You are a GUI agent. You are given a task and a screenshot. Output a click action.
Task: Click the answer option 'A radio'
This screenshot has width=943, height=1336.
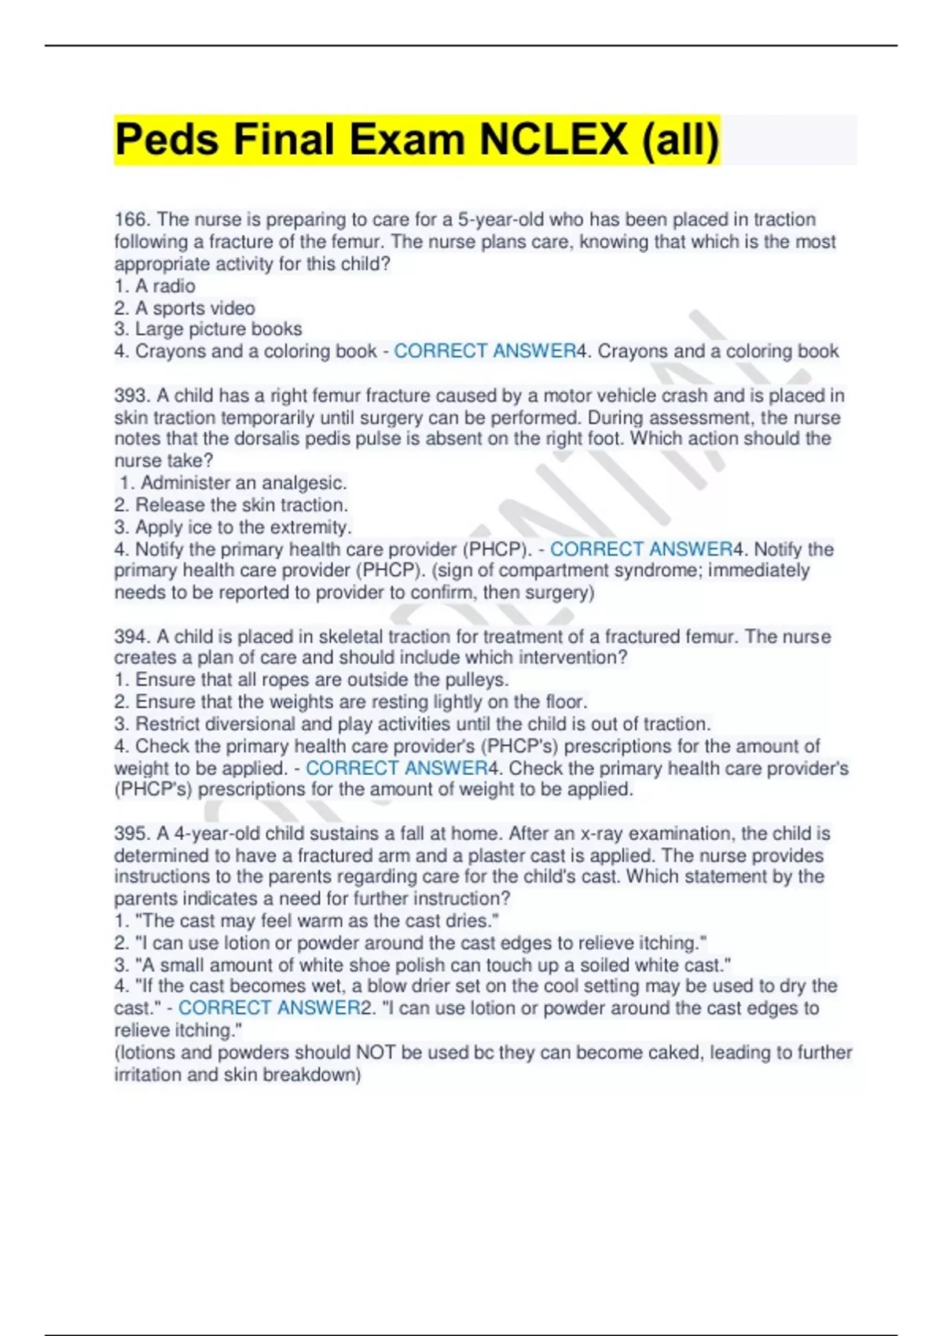tap(164, 286)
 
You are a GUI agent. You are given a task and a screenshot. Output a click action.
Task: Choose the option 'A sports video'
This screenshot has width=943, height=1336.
tap(194, 308)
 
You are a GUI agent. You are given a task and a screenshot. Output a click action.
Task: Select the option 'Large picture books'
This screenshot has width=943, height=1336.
tap(218, 329)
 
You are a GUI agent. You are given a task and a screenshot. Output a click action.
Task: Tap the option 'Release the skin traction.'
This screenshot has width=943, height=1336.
tap(240, 505)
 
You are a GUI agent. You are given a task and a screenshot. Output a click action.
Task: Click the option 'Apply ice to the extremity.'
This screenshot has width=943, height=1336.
tap(242, 527)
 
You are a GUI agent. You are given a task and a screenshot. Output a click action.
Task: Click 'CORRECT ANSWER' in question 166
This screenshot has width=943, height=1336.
tap(485, 351)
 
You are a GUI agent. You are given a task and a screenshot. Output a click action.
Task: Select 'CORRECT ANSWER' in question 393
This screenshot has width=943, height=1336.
tap(640, 549)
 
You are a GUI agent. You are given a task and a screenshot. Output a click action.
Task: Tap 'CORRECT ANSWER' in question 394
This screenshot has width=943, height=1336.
tap(396, 768)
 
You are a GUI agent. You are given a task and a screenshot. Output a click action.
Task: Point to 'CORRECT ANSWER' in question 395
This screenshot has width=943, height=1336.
tap(269, 1008)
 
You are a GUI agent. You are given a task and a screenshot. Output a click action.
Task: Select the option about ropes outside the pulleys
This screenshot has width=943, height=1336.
tap(321, 680)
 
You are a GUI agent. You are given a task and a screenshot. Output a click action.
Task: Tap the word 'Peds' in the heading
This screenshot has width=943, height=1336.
tap(167, 140)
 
